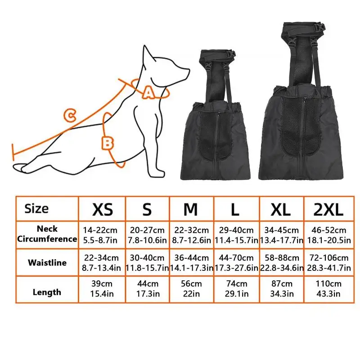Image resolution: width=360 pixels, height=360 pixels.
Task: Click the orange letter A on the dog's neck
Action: click(148, 93)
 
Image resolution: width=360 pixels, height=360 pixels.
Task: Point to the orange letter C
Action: click(70, 116)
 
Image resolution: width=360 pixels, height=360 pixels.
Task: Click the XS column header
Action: click(103, 209)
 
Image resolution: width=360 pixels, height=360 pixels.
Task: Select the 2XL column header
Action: click(328, 209)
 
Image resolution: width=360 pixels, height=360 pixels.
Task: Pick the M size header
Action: click(190, 209)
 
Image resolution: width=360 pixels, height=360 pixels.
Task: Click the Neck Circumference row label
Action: click(47, 234)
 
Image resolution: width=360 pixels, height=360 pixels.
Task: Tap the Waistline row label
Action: click(47, 262)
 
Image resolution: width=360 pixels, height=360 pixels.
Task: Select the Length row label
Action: click(47, 292)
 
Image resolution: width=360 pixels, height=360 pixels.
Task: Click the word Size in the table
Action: click(36, 209)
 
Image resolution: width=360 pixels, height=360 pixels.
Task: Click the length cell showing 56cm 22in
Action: click(191, 288)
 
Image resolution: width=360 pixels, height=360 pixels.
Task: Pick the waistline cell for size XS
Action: click(102, 263)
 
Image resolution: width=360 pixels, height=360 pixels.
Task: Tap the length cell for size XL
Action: click(282, 288)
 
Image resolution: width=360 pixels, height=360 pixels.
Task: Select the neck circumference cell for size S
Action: click(147, 235)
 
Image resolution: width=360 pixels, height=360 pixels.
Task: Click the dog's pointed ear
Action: click(148, 55)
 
